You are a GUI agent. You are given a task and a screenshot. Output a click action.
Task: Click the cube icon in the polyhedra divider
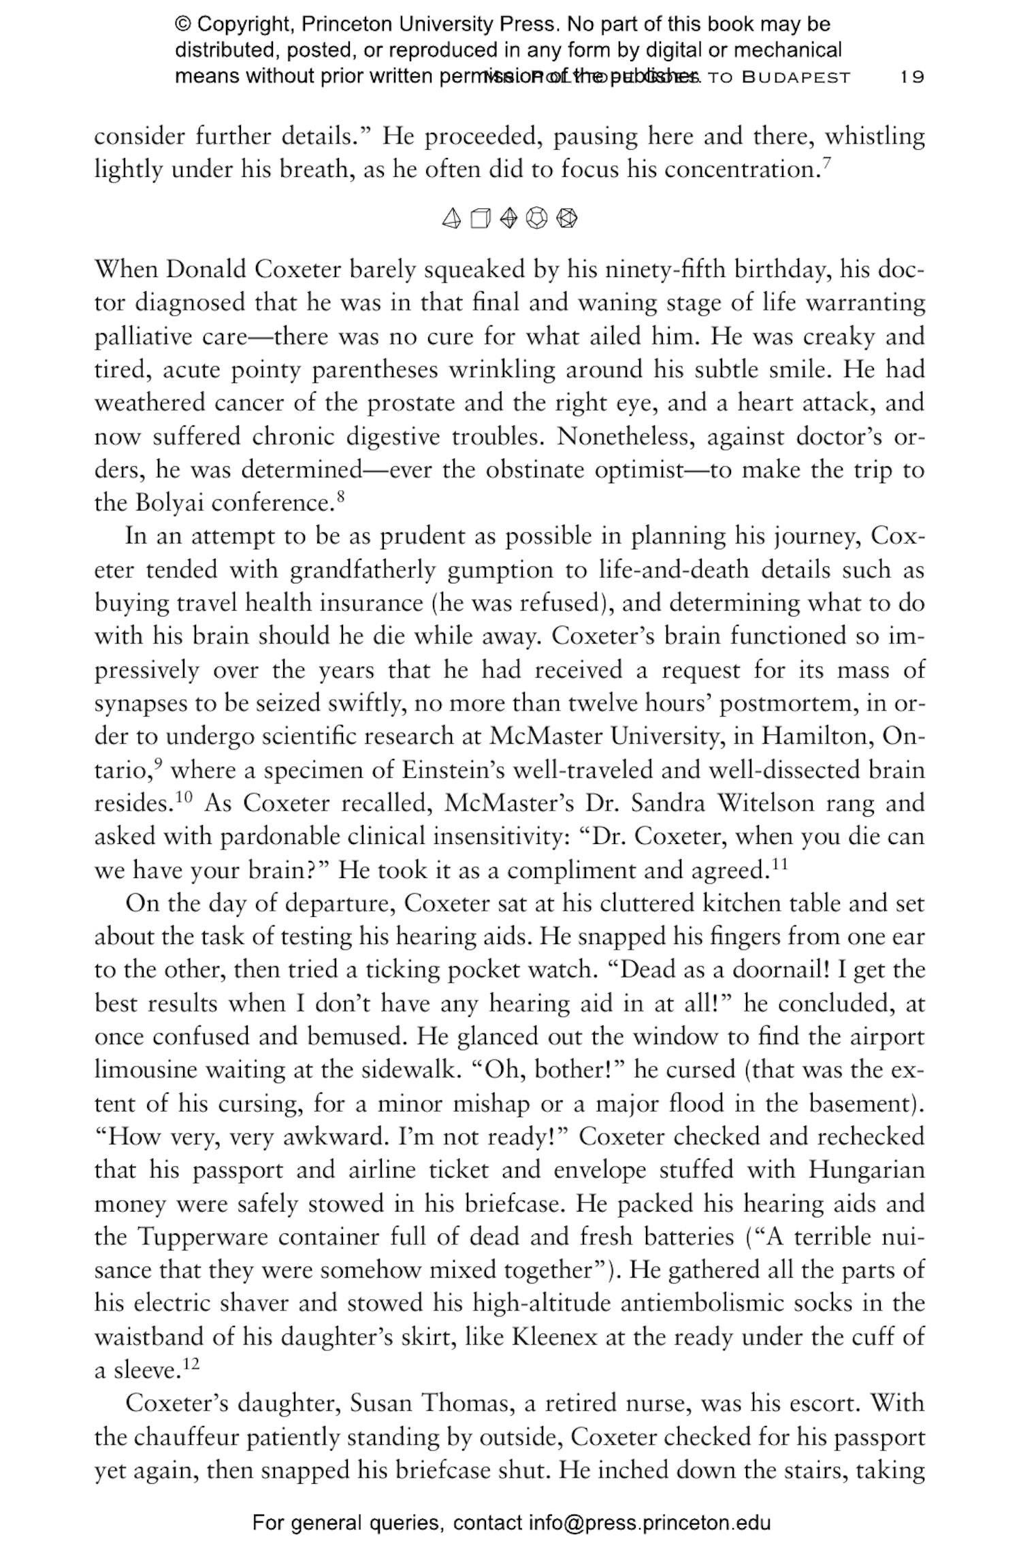point(480,218)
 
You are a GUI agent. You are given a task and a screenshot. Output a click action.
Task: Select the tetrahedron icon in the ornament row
point(451,218)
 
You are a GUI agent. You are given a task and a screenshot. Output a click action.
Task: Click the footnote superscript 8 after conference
point(341,496)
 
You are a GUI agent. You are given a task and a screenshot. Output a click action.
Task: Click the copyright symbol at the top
point(182,25)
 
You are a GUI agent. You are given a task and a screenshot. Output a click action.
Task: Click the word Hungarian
point(866,1169)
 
